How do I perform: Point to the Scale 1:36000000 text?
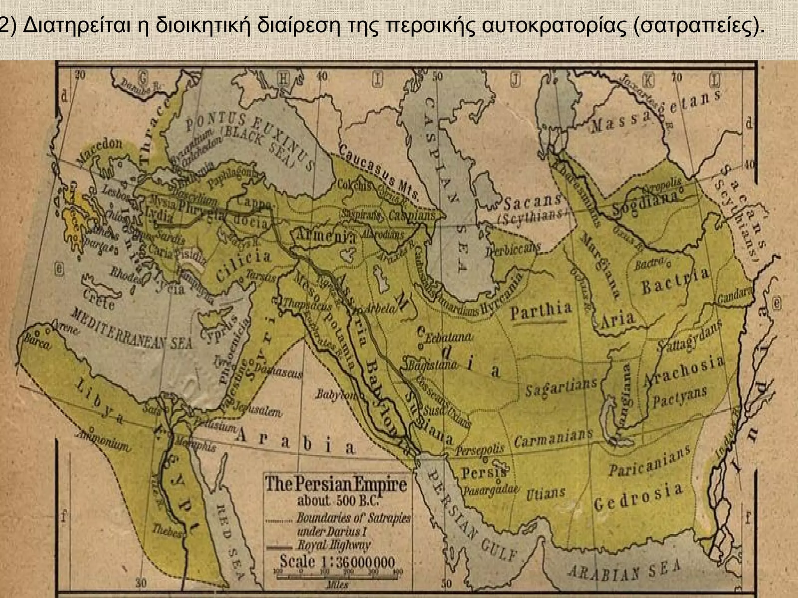(x=337, y=562)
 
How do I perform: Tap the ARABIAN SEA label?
(x=624, y=571)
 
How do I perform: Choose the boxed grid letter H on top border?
(x=284, y=79)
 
